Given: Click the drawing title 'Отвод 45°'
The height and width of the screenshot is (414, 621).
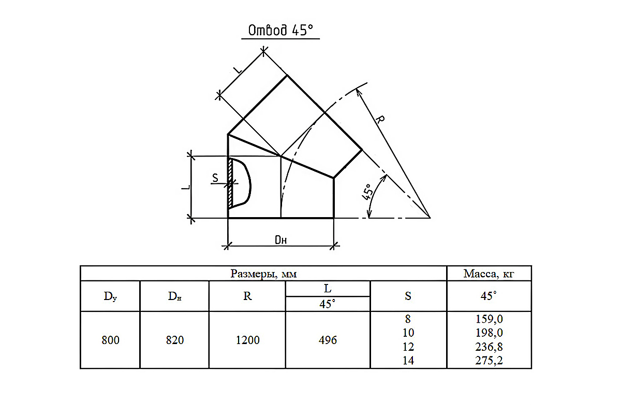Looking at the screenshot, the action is point(280,30).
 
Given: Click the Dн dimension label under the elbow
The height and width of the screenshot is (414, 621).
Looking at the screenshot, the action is point(280,240).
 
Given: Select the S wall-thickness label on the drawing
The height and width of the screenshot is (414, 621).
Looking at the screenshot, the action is point(215,178).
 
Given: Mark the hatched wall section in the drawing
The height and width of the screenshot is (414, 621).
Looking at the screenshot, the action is point(230,183).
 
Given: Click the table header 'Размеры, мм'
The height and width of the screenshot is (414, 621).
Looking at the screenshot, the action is point(263,274).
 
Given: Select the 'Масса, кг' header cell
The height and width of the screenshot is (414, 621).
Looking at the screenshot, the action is point(489,274).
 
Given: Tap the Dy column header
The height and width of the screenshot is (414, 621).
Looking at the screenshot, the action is point(110,296).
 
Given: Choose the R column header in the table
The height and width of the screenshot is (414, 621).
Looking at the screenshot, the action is point(247,296).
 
